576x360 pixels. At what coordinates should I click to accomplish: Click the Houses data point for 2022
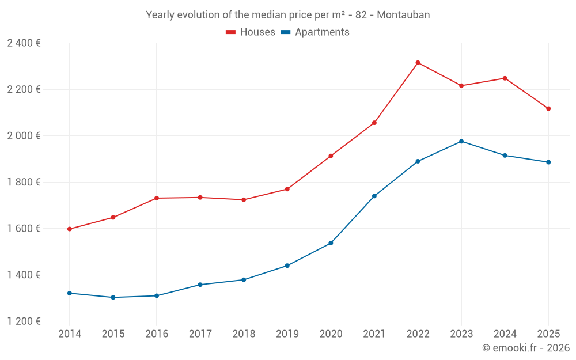[x=418, y=63]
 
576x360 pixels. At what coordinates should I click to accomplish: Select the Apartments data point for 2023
[x=461, y=141]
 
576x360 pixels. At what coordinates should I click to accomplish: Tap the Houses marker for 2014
[x=70, y=229]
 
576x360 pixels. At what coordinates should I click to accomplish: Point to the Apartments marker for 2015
[x=113, y=297]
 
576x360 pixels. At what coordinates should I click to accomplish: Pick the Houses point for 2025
[x=548, y=108]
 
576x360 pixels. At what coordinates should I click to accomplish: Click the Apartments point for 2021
[x=374, y=196]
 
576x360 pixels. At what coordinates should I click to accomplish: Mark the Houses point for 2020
[x=331, y=156]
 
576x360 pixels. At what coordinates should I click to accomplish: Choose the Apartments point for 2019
[x=287, y=266]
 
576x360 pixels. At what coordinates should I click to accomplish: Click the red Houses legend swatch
[x=230, y=32]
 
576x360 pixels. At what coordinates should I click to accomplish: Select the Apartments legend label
[x=322, y=32]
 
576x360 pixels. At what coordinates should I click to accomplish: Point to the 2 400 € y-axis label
[x=24, y=43]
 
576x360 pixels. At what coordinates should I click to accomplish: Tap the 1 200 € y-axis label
[x=24, y=321]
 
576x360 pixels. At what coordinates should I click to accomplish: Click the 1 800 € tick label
[x=24, y=182]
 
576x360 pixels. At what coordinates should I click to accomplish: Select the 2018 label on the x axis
[x=243, y=334]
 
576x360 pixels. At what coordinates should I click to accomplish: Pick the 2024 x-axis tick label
[x=505, y=334]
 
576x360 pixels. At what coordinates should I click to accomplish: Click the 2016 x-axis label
[x=156, y=334]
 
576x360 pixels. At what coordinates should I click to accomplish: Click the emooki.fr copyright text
[x=525, y=348]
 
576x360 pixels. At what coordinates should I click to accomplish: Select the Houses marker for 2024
[x=505, y=78]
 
